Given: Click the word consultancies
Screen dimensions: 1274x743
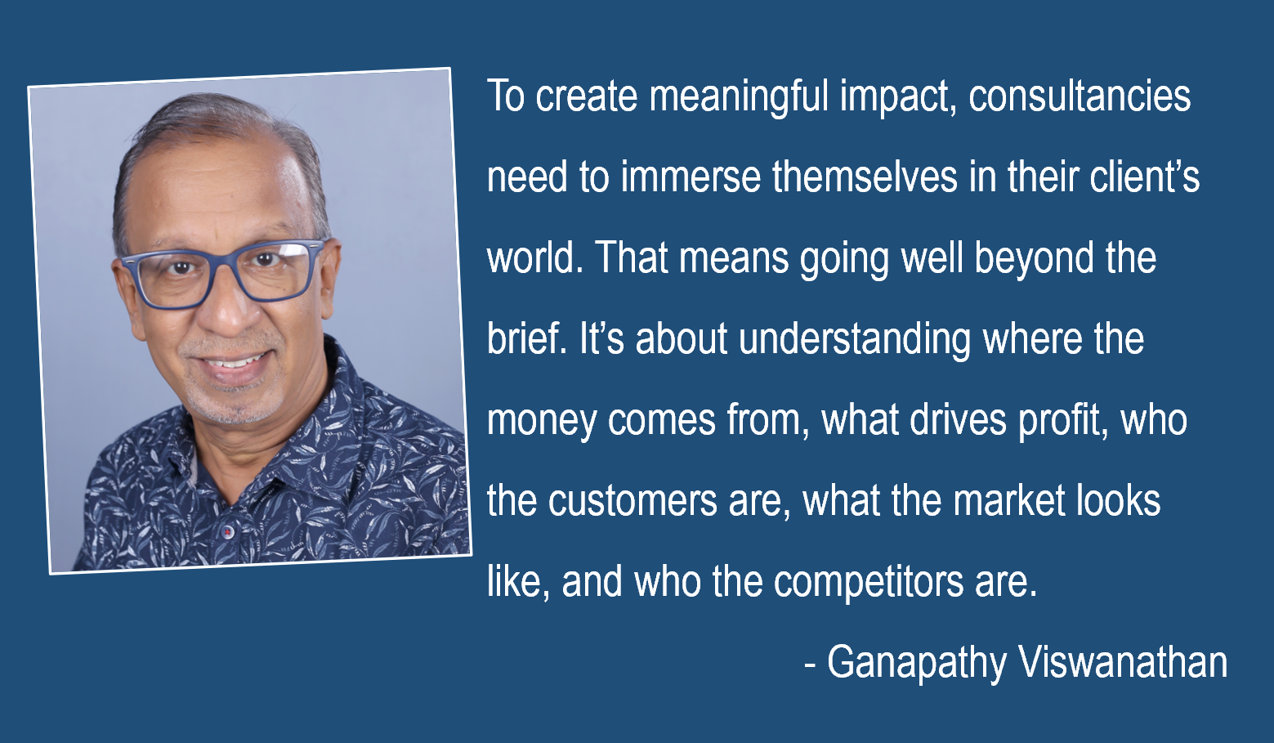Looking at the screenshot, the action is tap(1080, 96).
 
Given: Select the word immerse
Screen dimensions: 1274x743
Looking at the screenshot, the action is tap(691, 177).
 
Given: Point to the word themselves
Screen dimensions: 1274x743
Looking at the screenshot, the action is tap(865, 177).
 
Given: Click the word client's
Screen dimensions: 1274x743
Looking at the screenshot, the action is tap(1144, 177).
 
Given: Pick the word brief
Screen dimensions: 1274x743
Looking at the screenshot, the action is tap(526, 338).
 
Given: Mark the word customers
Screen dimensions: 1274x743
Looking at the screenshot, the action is tap(633, 501).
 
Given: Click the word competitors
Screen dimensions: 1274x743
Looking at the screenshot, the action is tap(869, 584).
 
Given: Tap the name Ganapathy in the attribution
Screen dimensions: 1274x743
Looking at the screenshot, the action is tap(917, 664).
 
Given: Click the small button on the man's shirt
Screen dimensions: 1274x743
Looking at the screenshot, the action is tap(227, 532).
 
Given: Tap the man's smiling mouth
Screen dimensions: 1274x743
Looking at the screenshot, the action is tap(235, 364).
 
